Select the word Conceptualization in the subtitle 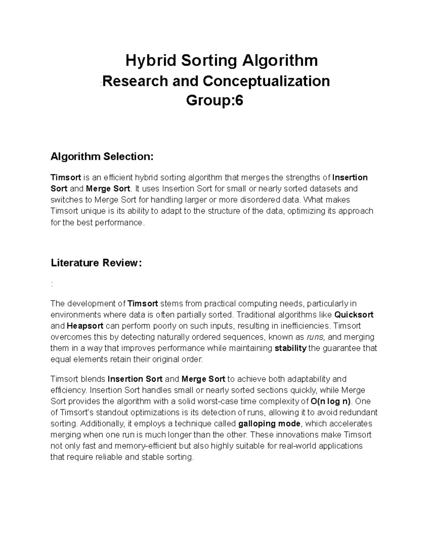click(266, 81)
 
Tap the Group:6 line click(214, 101)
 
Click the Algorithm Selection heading click(102, 156)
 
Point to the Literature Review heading click(96, 263)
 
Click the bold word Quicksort click(354, 315)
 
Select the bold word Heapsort click(85, 326)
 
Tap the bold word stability click(290, 348)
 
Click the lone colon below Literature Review click(52, 284)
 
